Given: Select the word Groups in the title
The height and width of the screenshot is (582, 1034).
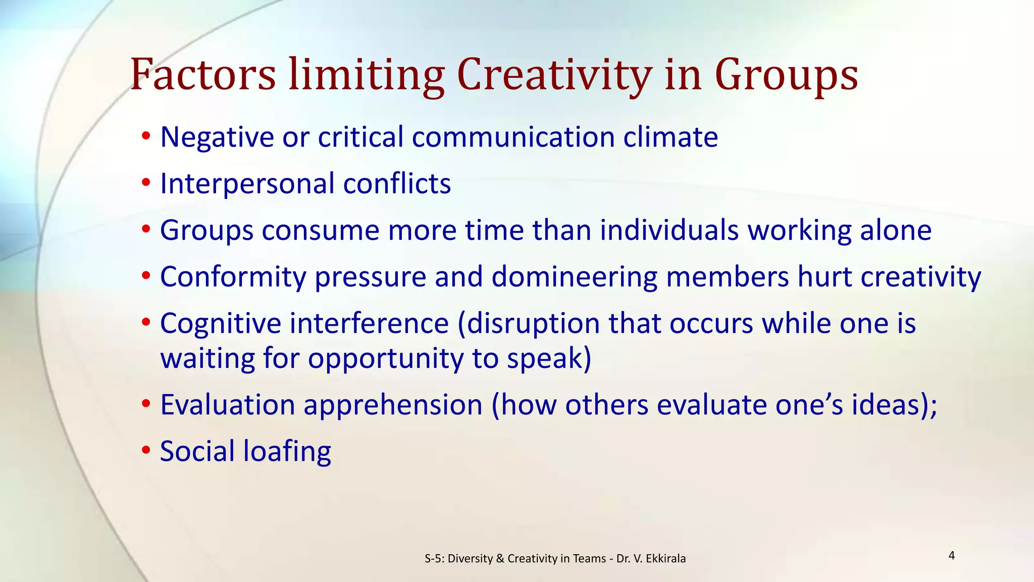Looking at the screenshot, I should [786, 76].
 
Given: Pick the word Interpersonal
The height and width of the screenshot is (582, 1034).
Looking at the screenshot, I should [247, 184].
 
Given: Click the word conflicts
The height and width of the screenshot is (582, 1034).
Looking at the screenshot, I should [397, 183].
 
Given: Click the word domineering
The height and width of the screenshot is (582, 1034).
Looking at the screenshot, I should [574, 277].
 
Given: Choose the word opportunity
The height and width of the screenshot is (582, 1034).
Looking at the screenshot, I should [386, 360].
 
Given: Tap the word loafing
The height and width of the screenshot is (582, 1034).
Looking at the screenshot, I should [287, 452].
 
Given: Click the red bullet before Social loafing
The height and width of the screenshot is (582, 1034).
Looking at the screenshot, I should [146, 450].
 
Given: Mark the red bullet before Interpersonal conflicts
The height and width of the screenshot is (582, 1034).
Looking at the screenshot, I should [146, 182].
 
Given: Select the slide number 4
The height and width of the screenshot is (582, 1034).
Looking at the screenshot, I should [952, 556].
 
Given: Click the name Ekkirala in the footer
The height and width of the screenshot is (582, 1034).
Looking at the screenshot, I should [665, 559].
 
